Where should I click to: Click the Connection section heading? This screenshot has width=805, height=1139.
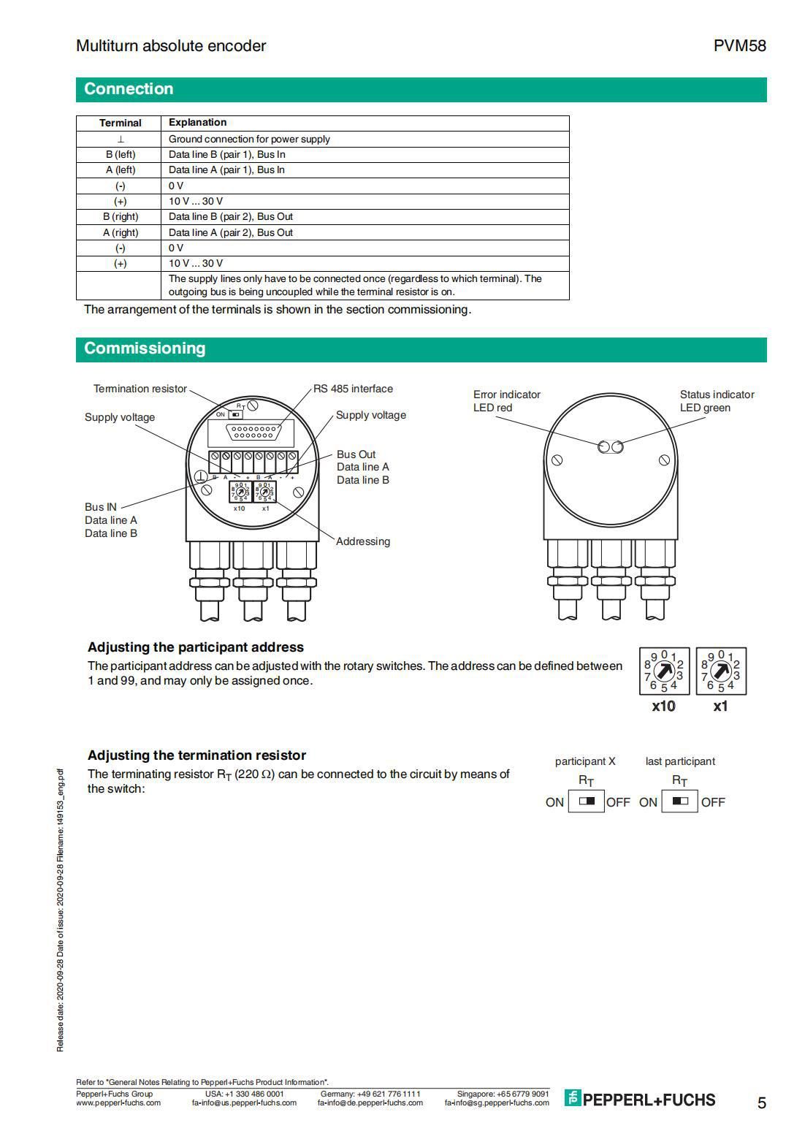[129, 89]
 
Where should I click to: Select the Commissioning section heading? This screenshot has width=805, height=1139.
[145, 348]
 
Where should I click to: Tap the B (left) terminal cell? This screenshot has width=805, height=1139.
[121, 154]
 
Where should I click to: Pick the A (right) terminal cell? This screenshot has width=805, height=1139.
[121, 232]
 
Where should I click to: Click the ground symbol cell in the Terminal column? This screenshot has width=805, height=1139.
[121, 139]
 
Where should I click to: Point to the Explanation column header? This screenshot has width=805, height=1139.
[197, 123]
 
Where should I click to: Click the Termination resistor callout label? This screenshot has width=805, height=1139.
[140, 389]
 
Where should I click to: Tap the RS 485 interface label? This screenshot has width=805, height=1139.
[353, 389]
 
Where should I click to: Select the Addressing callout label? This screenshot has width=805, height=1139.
[362, 541]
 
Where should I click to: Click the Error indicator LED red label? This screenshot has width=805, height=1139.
[506, 401]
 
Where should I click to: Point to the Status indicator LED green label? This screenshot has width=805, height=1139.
[717, 401]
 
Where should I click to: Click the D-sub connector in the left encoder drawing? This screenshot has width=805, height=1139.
[251, 433]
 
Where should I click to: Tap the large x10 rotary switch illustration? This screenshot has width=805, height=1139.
[663, 671]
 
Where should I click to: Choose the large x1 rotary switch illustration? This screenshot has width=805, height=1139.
[721, 671]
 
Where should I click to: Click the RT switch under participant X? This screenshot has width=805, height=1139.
[586, 801]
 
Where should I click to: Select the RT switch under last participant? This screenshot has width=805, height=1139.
[679, 801]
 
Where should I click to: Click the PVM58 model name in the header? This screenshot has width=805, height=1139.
[739, 46]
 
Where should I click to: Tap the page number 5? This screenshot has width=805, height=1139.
[761, 1102]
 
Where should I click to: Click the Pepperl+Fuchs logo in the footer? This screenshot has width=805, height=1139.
[640, 1100]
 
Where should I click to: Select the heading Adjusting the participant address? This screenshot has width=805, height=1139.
[195, 647]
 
